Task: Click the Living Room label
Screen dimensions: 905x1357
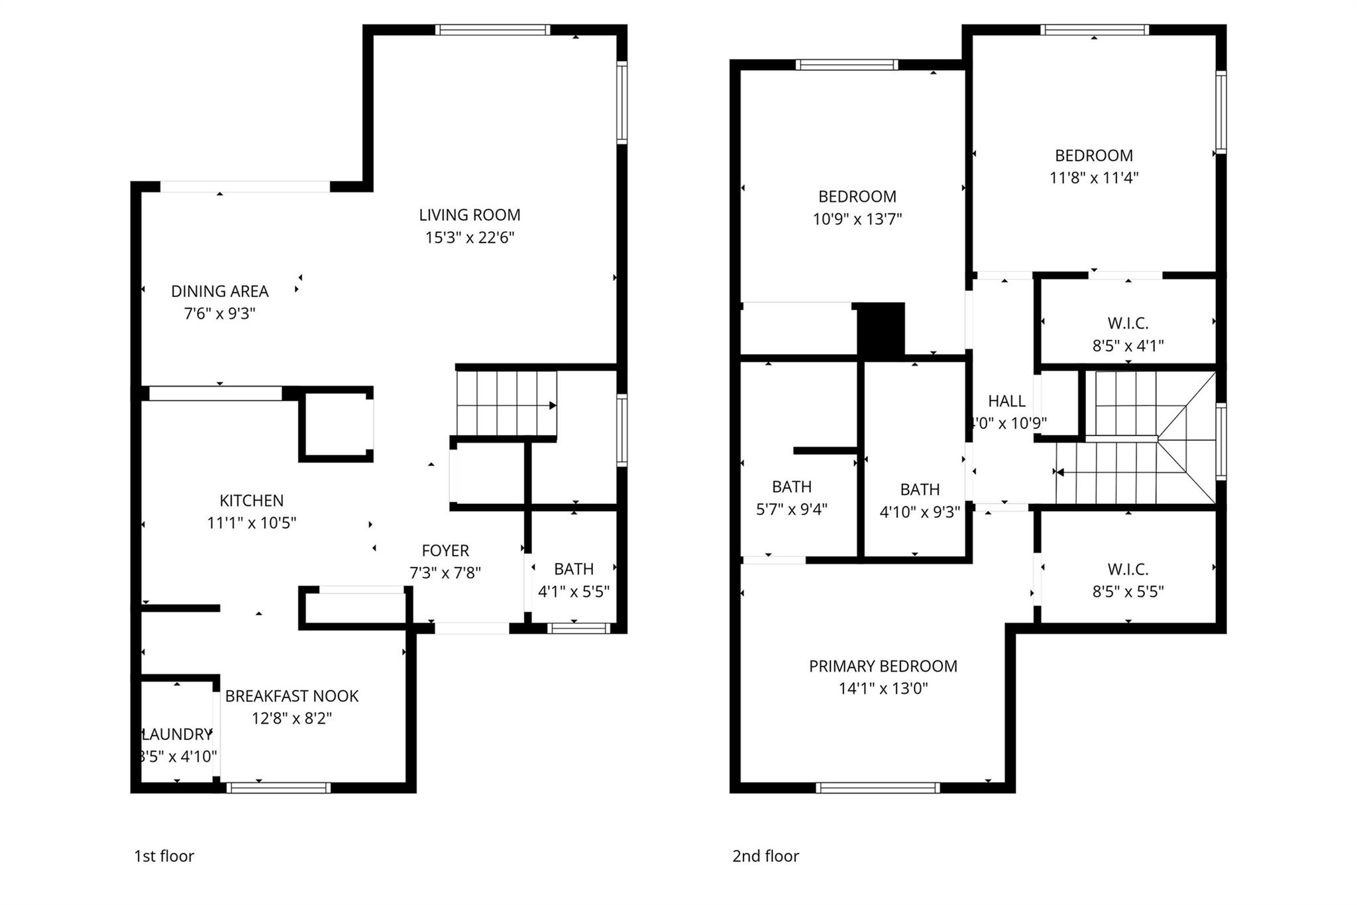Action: point(469,215)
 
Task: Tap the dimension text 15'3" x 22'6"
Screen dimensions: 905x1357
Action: point(469,237)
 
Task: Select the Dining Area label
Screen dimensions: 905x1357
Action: point(219,291)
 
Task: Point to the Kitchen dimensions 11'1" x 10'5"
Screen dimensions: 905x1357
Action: point(251,523)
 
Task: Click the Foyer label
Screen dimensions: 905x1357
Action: point(445,550)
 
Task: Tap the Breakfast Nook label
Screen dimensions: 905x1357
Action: point(292,696)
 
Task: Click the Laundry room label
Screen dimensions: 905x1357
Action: point(177,735)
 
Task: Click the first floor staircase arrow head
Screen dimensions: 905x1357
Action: point(553,406)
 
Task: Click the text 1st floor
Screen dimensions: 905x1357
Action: point(164,856)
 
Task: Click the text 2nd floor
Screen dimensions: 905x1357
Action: point(765,856)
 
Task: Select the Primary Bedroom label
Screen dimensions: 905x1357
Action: point(883,666)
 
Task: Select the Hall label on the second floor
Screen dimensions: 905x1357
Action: point(1006,401)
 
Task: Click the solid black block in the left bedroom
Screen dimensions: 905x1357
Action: point(881,330)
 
